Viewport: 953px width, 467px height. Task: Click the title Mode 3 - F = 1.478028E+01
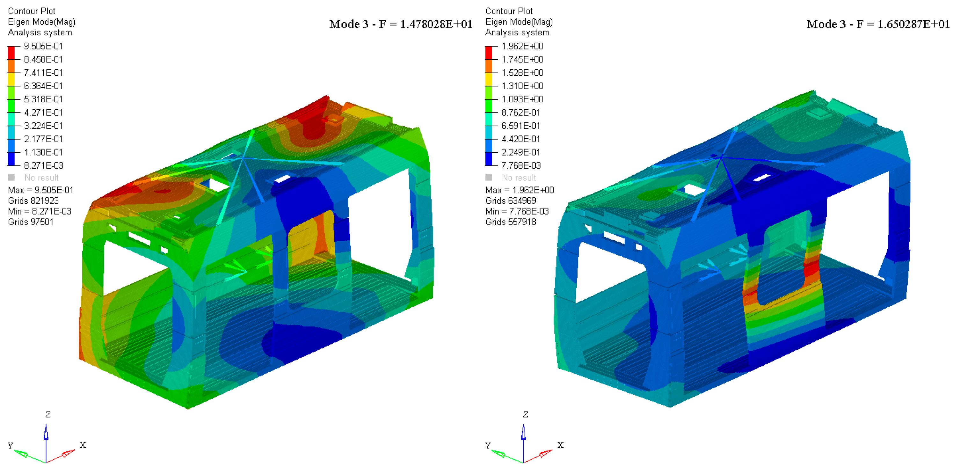401,25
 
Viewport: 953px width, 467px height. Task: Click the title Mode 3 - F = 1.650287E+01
878,25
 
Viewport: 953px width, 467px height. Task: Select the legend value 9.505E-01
43,46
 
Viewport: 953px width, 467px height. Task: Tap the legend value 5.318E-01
43,99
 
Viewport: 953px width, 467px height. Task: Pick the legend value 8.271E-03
43,165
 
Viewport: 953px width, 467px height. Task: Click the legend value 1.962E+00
522,46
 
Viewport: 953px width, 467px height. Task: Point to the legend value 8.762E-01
520,113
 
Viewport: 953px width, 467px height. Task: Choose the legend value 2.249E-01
520,152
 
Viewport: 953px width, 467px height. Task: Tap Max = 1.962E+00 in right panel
520,190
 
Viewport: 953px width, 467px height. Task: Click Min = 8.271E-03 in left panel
40,211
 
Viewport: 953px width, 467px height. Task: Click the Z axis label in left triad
48,414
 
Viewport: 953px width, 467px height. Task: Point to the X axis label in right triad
560,445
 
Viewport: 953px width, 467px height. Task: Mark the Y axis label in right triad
488,445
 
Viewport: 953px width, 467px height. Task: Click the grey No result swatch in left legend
11,177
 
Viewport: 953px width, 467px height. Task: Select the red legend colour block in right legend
489,53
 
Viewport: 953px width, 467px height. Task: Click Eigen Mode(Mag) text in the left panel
41,22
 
